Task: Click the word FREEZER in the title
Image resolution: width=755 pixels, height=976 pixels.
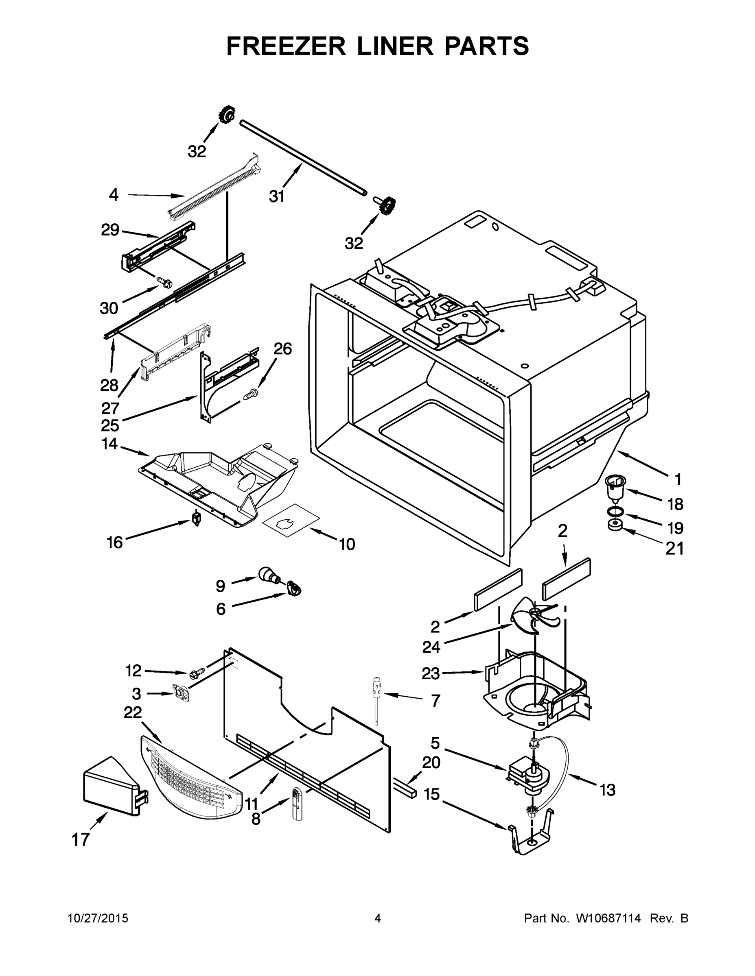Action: point(286,46)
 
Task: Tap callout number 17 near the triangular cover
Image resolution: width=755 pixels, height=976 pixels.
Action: point(81,839)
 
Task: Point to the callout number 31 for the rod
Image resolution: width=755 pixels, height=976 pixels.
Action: point(277,196)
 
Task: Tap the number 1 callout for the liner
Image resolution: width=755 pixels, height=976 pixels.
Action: point(678,479)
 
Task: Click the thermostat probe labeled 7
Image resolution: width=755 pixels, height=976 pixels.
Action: point(376,699)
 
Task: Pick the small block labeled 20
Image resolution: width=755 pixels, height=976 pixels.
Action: point(405,788)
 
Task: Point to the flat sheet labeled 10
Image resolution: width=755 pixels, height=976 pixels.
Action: point(291,521)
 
